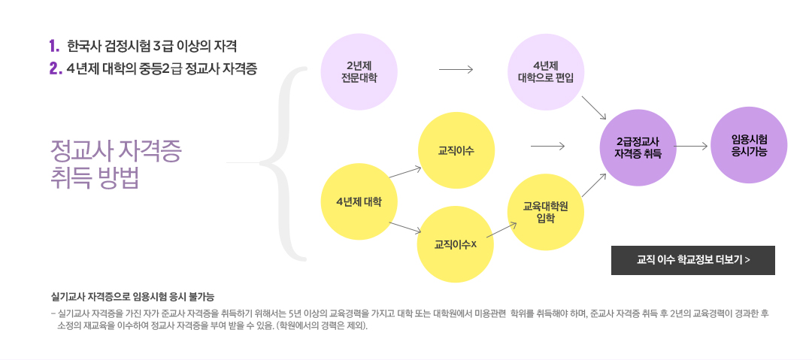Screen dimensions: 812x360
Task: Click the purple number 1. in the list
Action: [x=55, y=46]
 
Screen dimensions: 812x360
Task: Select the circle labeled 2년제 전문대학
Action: [x=359, y=72]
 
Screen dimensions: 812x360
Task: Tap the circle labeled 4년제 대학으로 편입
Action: [x=546, y=72]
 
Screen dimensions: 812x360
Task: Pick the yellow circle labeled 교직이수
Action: [x=456, y=151]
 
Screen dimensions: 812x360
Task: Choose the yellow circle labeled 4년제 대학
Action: [x=359, y=201]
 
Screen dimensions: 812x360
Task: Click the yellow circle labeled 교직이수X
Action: [x=455, y=244]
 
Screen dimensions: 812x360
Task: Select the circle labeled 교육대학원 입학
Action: [x=546, y=212]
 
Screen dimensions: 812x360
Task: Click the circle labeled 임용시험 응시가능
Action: [x=749, y=145]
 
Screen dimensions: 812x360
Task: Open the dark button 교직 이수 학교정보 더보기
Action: [x=693, y=260]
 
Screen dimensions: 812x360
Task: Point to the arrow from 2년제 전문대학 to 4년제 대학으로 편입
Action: [x=456, y=69]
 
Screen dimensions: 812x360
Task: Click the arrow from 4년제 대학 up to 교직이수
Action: [x=406, y=173]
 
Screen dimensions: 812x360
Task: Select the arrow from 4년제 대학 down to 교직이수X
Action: [x=405, y=228]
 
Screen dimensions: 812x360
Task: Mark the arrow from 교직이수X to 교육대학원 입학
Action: [x=501, y=231]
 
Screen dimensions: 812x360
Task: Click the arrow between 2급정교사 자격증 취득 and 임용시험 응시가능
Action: [x=691, y=147]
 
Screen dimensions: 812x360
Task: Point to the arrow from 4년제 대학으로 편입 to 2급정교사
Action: [x=593, y=107]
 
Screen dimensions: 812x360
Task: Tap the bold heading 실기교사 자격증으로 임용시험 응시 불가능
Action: [x=132, y=297]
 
